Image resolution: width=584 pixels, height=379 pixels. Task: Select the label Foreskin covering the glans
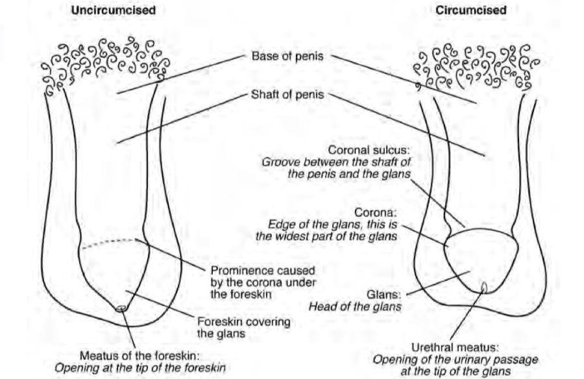(243, 328)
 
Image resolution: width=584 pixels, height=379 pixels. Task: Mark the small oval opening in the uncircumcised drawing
(121, 309)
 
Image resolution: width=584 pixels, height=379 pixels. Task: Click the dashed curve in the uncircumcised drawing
(109, 242)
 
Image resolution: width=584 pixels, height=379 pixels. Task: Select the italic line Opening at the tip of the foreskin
(140, 368)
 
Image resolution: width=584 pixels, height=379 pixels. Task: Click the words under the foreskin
(237, 293)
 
